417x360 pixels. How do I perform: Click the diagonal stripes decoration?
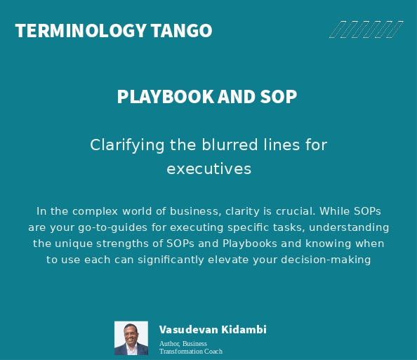[x=366, y=29]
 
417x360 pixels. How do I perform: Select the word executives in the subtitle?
[x=208, y=169]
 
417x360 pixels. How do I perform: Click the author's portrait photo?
[x=131, y=338]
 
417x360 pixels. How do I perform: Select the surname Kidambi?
[x=243, y=330]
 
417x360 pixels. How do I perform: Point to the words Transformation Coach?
[x=191, y=352]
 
